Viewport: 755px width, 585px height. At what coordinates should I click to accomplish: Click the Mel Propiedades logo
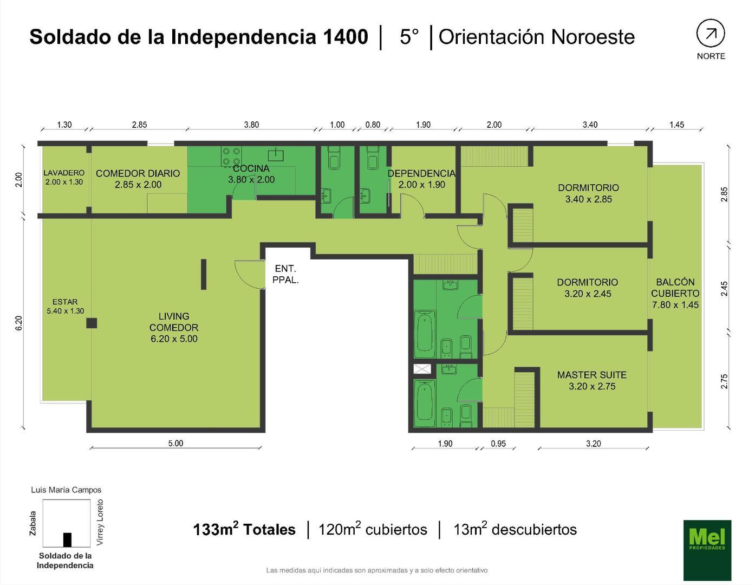click(x=707, y=550)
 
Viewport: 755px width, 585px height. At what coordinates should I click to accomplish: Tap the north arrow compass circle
click(x=710, y=34)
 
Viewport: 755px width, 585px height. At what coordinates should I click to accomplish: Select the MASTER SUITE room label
click(x=591, y=380)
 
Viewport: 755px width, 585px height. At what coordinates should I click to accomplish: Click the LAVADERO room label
click(x=64, y=177)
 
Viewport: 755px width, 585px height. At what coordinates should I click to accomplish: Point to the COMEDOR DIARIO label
click(x=138, y=179)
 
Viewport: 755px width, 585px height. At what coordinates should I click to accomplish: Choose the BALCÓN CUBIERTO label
click(x=675, y=293)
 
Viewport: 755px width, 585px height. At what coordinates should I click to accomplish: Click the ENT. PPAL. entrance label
click(x=285, y=274)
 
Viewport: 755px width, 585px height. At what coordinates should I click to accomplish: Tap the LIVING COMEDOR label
click(x=174, y=327)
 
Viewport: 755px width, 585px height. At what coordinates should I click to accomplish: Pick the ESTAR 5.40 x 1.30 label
click(x=65, y=306)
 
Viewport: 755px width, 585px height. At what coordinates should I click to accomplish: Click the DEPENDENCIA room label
click(x=421, y=179)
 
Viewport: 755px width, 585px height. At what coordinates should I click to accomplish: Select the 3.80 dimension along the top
click(x=251, y=125)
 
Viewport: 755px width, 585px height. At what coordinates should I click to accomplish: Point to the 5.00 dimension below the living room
click(x=175, y=443)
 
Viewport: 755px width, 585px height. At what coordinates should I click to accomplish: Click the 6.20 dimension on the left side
click(x=19, y=323)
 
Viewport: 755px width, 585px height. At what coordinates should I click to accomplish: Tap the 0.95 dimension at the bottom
click(x=498, y=444)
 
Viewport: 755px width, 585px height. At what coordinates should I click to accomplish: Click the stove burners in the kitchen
click(x=231, y=157)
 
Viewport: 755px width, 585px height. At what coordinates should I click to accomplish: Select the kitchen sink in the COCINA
click(x=276, y=154)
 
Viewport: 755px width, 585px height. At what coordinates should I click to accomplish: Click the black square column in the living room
click(x=92, y=323)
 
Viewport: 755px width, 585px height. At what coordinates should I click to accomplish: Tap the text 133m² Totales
click(x=244, y=529)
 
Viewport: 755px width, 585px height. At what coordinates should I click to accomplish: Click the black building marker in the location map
click(x=67, y=539)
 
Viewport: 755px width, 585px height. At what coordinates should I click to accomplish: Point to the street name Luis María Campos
click(x=66, y=490)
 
